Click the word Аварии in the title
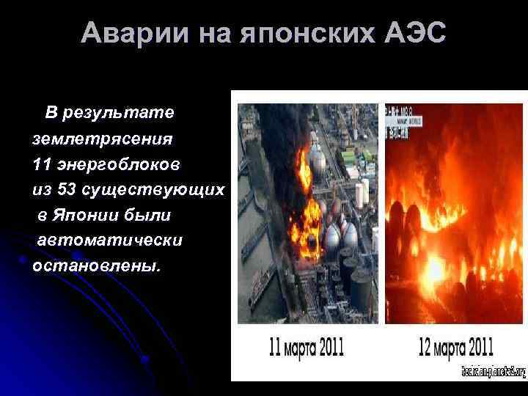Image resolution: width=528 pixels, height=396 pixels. pos(124,33)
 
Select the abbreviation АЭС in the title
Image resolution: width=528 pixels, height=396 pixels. pos(417,33)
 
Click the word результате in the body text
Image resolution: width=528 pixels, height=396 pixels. pos(119,113)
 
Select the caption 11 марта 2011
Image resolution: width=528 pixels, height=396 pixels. pos(301,345)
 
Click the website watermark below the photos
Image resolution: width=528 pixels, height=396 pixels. pos(494,372)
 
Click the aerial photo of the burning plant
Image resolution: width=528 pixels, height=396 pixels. pos(307,213)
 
